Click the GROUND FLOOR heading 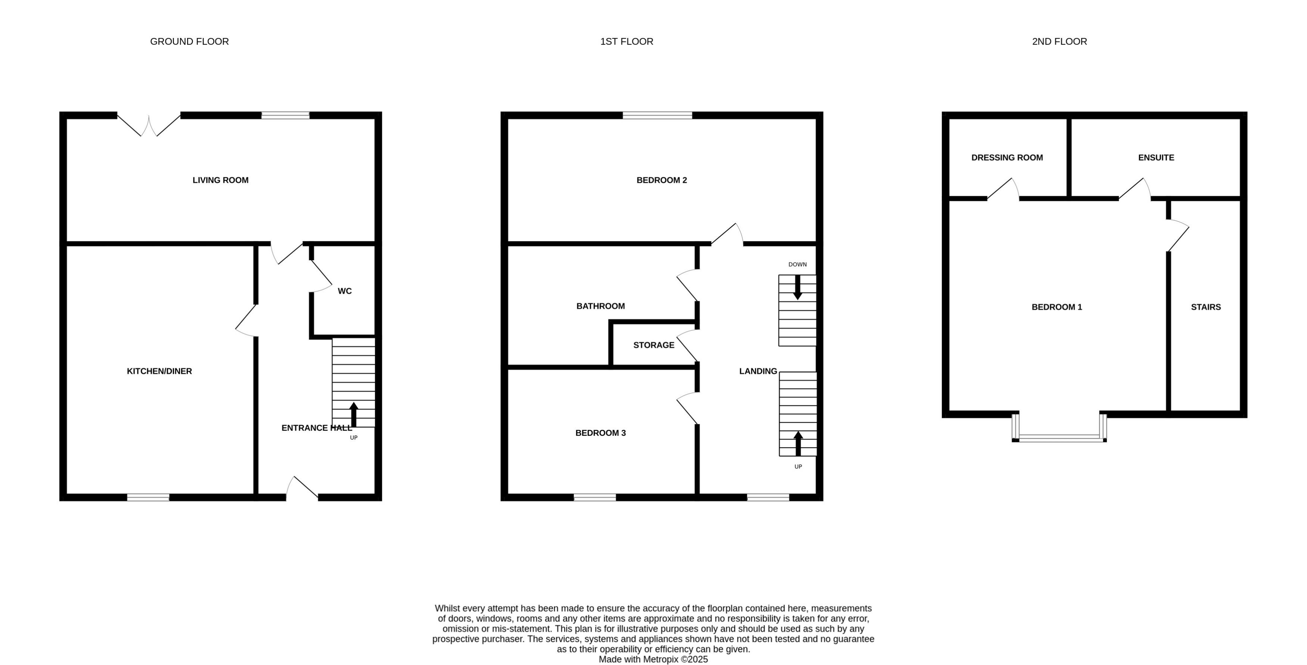click(189, 41)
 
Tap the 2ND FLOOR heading click(1059, 41)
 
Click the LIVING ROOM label click(220, 180)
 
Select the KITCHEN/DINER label click(159, 371)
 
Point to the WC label click(345, 291)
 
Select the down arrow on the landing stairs click(797, 287)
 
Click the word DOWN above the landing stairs click(797, 264)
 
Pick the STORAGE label click(653, 345)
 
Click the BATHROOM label click(600, 306)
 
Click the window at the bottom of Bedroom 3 click(594, 497)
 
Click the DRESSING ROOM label click(1007, 158)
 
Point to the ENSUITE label click(1156, 158)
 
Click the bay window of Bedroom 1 click(1059, 437)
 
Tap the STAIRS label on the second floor click(1205, 307)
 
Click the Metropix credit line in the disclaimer click(653, 659)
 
